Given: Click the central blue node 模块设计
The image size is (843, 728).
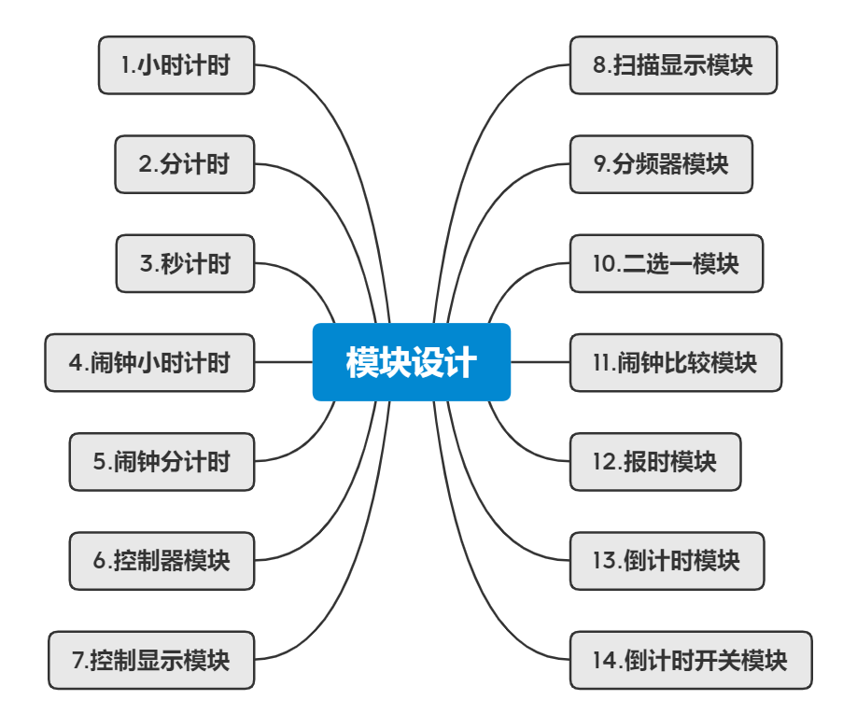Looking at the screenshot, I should point(411,362).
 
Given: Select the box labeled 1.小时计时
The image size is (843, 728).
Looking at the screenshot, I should point(176,65).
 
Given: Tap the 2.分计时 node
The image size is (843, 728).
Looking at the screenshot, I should point(185,164).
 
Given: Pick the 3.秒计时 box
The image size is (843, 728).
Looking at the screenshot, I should point(185,263).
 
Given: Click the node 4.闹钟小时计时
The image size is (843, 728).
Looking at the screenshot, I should point(149,362).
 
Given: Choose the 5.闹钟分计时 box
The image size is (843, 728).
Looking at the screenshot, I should point(162,461).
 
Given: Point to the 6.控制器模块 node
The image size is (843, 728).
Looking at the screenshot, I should point(162,561).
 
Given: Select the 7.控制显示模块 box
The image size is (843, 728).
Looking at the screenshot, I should point(151,660).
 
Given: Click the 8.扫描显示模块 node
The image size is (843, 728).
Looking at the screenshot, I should point(673,65).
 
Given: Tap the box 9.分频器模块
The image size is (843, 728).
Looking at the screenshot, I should point(661,164).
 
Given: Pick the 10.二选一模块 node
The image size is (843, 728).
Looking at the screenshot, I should point(667,263).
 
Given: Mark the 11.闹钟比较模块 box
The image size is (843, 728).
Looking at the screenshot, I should point(676,362).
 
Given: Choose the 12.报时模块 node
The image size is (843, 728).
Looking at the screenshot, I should point(655,461).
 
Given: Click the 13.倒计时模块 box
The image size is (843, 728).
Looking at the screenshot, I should point(667,561).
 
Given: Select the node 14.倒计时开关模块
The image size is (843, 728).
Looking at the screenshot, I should point(691,660).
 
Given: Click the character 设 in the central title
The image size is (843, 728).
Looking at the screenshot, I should point(428,362).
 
